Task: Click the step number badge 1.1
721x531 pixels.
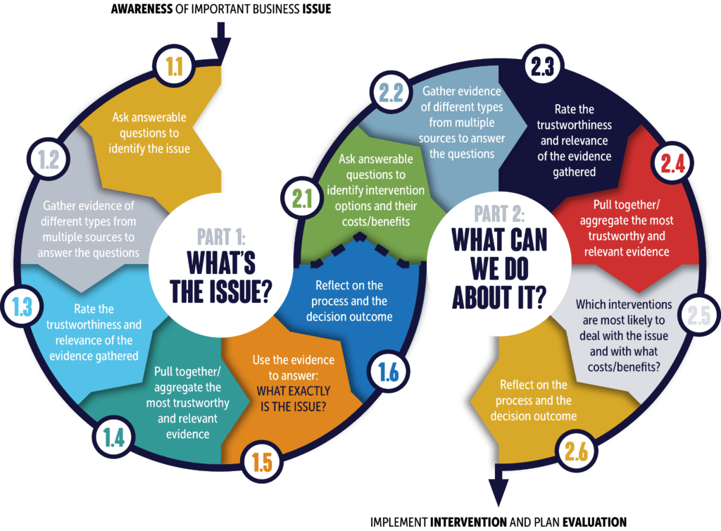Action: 175,66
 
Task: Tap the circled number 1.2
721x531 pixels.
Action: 49,160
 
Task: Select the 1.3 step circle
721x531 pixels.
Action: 22,306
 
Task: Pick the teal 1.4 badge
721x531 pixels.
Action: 113,437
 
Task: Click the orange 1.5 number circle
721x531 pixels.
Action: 262,461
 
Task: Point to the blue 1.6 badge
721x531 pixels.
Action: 389,371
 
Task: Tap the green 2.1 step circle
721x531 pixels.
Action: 301,199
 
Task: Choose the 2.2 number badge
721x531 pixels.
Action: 391,92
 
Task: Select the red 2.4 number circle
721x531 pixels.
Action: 672,163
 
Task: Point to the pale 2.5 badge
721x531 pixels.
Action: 699,316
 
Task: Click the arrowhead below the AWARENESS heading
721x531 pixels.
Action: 221,50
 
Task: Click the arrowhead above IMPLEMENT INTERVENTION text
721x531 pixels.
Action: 499,492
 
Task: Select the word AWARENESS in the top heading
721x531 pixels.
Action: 142,9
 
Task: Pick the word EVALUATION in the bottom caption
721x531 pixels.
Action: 594,523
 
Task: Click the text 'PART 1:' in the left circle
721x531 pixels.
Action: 221,237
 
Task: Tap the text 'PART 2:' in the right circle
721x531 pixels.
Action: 499,214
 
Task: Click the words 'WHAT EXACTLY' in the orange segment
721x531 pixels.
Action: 294,391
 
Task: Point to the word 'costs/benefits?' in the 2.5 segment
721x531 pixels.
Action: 624,367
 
